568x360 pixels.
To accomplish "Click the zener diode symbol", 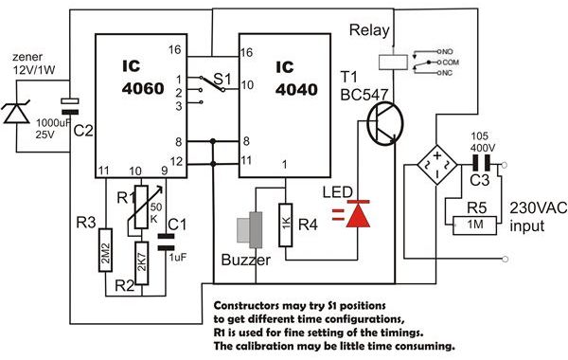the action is click(16, 113).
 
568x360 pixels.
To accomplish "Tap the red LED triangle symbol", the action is click(358, 214).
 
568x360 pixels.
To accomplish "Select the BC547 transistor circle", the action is click(384, 123).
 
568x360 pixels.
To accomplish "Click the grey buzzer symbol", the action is click(250, 230).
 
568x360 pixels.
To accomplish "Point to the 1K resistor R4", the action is click(286, 225).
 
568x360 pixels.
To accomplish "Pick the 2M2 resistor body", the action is click(105, 250).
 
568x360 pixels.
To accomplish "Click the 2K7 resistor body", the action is click(141, 262).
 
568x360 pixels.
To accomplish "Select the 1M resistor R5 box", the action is click(475, 225).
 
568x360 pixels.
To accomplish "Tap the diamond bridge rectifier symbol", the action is click(437, 166).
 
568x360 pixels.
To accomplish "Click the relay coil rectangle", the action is click(393, 62).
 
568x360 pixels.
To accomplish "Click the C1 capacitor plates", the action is click(166, 243).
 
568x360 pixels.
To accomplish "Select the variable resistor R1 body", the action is click(141, 207).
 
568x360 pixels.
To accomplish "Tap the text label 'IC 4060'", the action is click(143, 78).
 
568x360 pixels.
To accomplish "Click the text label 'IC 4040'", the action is click(296, 79).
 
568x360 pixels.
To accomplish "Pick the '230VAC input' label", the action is click(538, 217).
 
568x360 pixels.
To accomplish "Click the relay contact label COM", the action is click(451, 63).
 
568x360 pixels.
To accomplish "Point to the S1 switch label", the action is click(222, 79).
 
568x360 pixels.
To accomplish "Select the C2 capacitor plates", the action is click(70, 107).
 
